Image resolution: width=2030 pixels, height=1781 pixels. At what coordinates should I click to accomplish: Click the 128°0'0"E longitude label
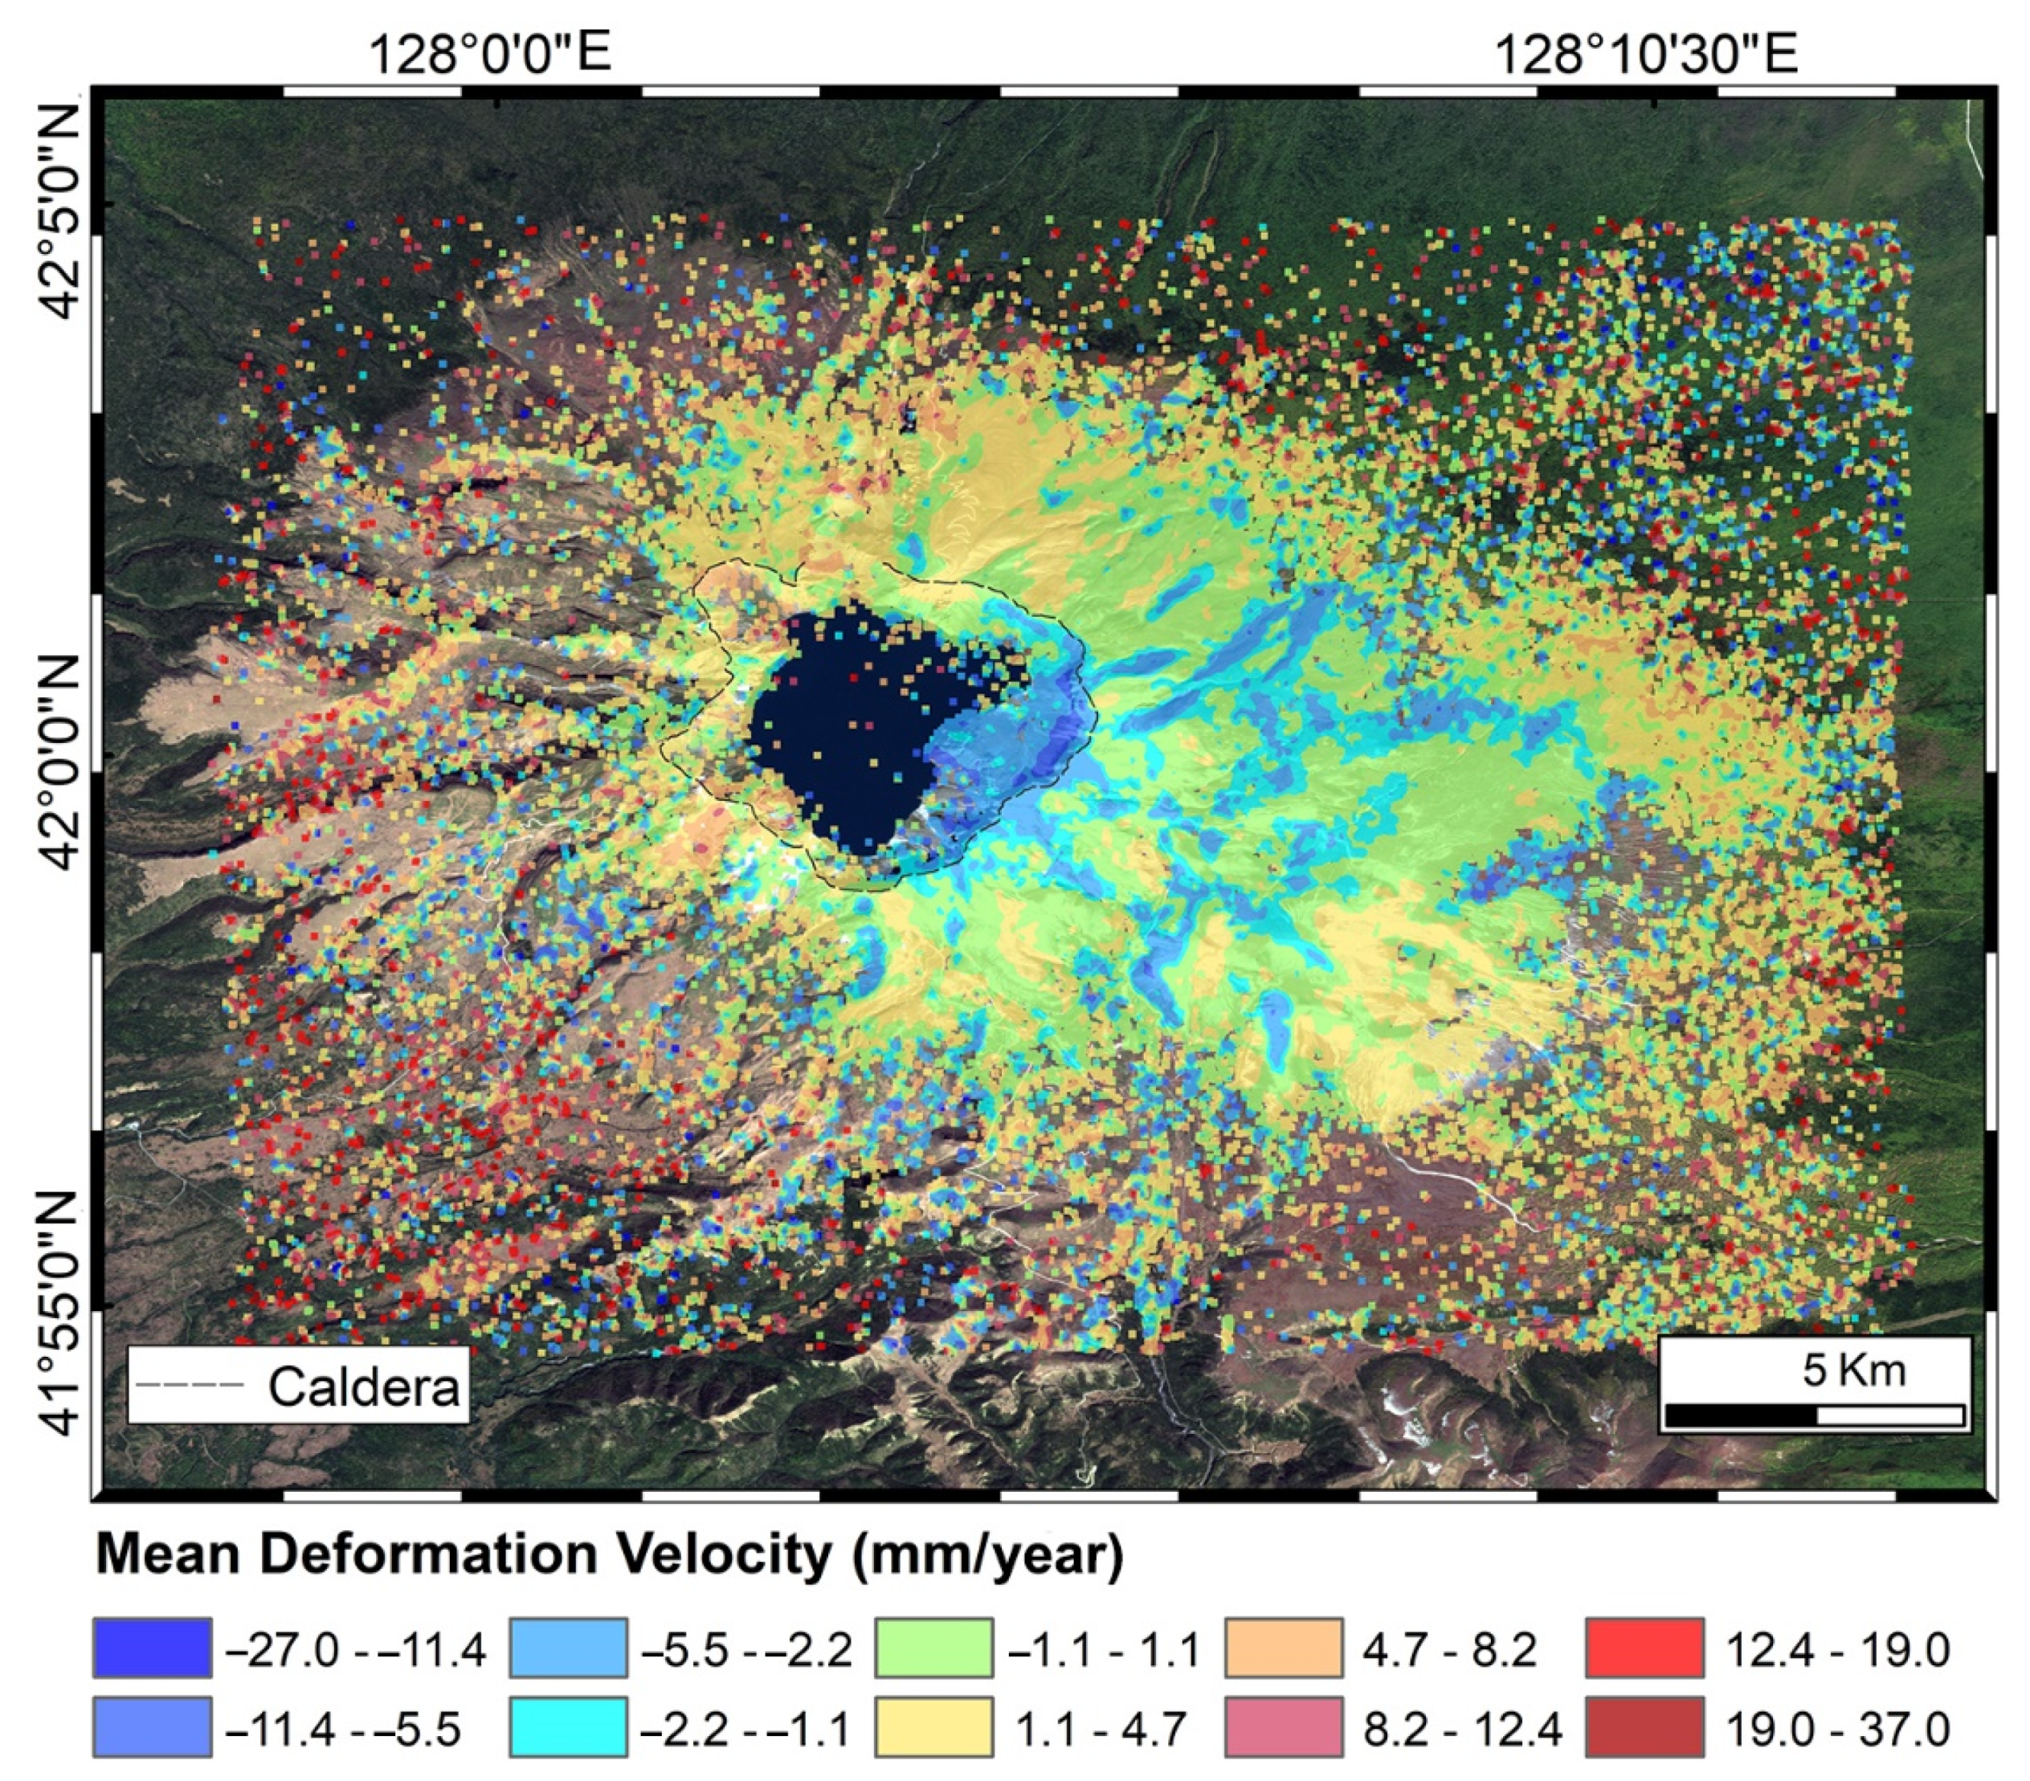point(491,54)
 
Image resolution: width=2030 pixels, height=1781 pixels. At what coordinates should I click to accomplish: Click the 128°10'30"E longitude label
point(1646,54)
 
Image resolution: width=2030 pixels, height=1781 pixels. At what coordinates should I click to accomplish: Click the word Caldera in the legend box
point(363,1387)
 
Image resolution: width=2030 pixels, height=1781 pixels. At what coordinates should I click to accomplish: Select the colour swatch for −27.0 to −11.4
point(152,1647)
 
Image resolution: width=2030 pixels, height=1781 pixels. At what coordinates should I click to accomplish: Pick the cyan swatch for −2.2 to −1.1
point(568,1727)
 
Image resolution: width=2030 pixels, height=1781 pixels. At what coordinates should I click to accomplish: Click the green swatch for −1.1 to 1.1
point(933,1647)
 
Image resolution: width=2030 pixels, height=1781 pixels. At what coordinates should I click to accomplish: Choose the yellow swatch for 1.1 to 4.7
point(933,1727)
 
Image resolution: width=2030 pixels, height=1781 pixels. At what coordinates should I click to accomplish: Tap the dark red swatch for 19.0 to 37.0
point(1644,1727)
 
